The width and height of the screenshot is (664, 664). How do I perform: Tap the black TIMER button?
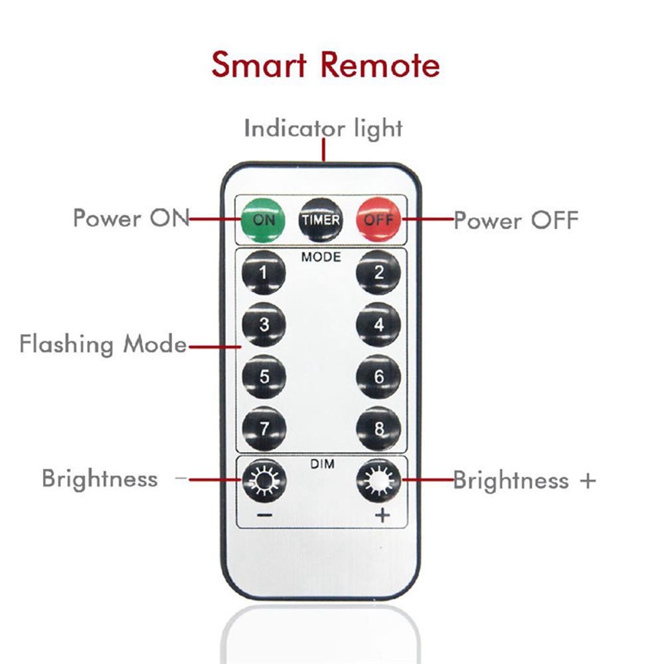pyautogui.click(x=321, y=220)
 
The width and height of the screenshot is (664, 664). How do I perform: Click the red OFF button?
pyautogui.click(x=378, y=220)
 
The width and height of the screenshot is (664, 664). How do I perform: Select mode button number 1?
pyautogui.click(x=264, y=272)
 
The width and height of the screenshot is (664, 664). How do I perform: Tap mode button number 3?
pyautogui.click(x=264, y=325)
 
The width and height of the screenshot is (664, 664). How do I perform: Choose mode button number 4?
pyautogui.click(x=378, y=325)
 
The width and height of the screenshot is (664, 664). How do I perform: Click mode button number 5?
pyautogui.click(x=264, y=376)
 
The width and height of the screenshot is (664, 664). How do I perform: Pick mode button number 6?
pyautogui.click(x=378, y=376)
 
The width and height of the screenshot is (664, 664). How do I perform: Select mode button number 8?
pyautogui.click(x=378, y=428)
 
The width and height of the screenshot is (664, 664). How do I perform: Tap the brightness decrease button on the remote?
pyautogui.click(x=264, y=480)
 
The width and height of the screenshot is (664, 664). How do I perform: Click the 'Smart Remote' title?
pyautogui.click(x=325, y=65)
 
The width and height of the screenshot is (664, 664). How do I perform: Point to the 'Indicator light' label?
pyautogui.click(x=323, y=127)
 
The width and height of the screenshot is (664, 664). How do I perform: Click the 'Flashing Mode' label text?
pyautogui.click(x=103, y=345)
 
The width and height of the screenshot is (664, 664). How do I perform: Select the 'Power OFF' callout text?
pyautogui.click(x=516, y=220)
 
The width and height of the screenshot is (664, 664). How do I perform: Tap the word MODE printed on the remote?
pyautogui.click(x=321, y=256)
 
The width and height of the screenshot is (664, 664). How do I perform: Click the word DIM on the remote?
pyautogui.click(x=321, y=465)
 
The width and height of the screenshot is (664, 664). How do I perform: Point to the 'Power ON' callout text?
pyautogui.click(x=131, y=218)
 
